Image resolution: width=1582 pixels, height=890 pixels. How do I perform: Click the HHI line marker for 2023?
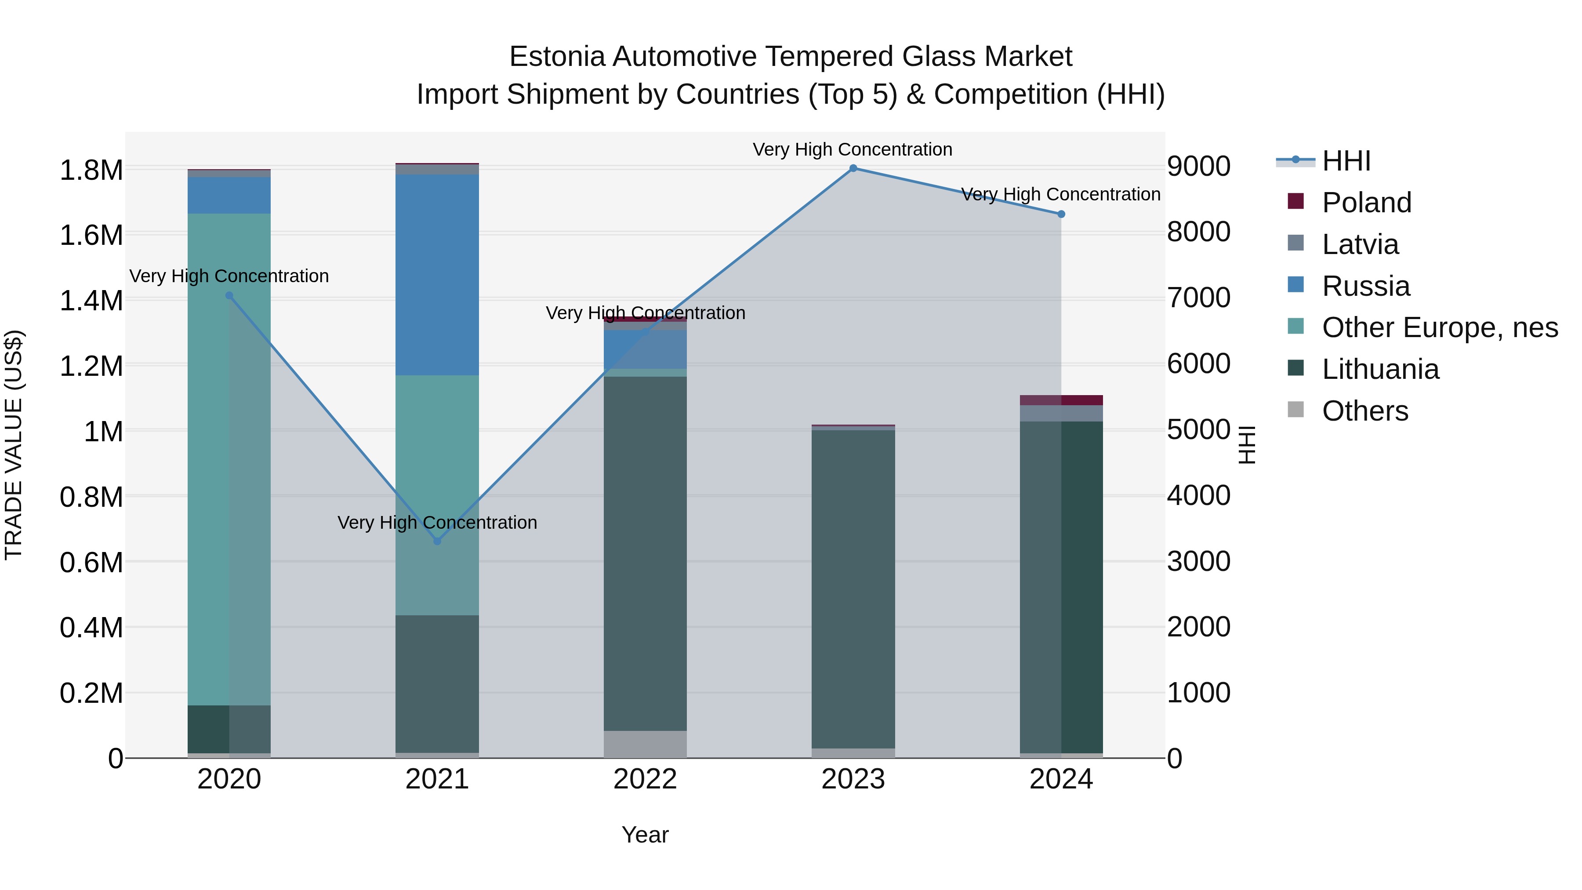[x=853, y=168]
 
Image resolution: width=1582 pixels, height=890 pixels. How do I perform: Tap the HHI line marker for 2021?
[x=437, y=541]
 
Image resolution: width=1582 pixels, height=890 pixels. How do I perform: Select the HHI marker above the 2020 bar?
[x=229, y=295]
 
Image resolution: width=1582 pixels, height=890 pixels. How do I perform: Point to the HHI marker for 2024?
[x=1061, y=214]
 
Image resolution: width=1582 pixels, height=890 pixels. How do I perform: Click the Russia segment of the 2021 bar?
[x=437, y=275]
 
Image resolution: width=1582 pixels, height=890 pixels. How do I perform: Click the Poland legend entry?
[x=1366, y=203]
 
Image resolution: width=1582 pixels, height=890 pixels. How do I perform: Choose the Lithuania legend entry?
[x=1379, y=370]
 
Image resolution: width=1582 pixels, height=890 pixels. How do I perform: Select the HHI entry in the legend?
[x=1346, y=161]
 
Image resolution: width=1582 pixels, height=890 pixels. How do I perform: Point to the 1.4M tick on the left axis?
[x=91, y=301]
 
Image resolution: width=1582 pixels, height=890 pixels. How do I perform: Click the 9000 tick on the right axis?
[x=1198, y=167]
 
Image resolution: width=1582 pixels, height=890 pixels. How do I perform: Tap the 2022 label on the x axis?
[x=645, y=779]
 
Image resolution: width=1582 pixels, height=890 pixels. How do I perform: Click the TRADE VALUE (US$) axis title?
[x=14, y=445]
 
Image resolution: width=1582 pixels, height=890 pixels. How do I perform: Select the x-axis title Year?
[x=645, y=835]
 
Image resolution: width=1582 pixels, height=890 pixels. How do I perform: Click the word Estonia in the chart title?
[x=557, y=57]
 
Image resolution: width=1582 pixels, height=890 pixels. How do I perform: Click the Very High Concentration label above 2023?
[x=853, y=150]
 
